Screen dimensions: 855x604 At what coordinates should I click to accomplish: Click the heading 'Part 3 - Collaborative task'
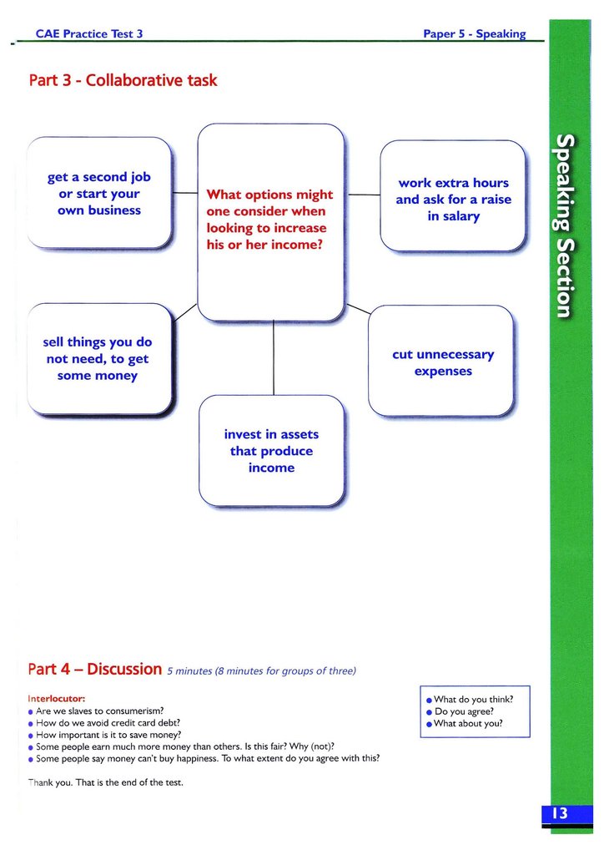tap(123, 81)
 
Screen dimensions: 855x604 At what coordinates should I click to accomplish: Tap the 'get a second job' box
tap(99, 194)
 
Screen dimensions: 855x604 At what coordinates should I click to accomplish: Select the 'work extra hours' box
tap(453, 200)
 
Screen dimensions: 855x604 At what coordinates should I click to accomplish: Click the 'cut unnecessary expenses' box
tap(442, 362)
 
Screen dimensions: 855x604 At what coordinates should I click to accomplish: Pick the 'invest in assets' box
tap(271, 451)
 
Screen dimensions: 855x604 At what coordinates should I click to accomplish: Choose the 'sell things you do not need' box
tap(98, 359)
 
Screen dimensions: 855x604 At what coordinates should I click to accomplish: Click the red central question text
tap(269, 220)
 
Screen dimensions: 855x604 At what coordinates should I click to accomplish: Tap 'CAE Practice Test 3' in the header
tap(89, 33)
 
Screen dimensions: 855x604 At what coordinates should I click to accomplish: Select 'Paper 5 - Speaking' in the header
tap(474, 33)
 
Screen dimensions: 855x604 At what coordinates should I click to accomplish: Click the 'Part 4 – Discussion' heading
tap(94, 669)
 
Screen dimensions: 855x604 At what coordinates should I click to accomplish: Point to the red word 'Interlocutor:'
tap(57, 698)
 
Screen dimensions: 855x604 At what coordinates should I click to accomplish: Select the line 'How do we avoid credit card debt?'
tap(108, 723)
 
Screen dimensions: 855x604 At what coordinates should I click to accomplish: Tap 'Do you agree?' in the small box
tap(464, 711)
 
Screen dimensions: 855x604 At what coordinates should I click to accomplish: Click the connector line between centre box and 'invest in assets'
tap(273, 359)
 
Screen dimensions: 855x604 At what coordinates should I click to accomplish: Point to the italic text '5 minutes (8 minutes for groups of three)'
tap(261, 670)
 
